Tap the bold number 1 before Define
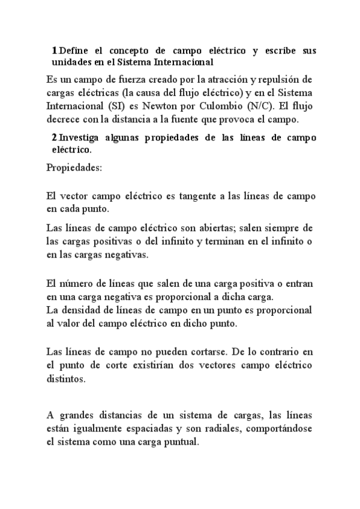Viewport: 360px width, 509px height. coord(55,50)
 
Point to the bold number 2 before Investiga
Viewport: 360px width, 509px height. coord(55,137)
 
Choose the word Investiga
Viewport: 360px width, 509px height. coord(83,137)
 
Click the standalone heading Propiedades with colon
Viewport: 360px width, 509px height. coord(74,167)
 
